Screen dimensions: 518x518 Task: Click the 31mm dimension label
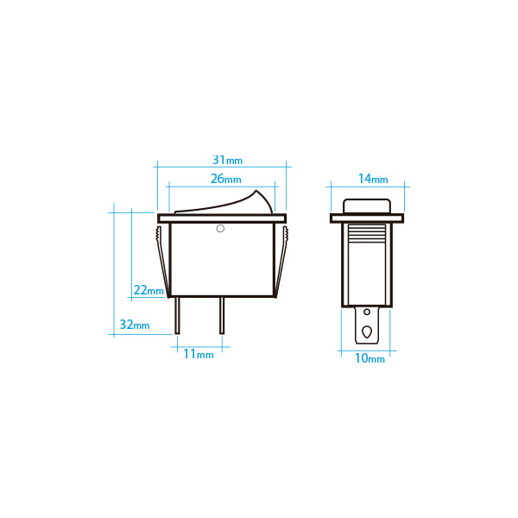click(227, 161)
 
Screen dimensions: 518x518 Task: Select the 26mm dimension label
click(226, 179)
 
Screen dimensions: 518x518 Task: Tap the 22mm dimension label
click(148, 290)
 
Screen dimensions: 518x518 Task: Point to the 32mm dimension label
click(135, 325)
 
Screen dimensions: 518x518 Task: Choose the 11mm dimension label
click(199, 354)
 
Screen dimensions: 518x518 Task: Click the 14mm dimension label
click(373, 179)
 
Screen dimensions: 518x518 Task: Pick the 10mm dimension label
click(370, 358)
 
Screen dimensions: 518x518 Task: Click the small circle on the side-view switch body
click(220, 228)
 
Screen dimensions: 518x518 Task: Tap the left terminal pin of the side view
click(177, 315)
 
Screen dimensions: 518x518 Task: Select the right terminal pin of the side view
click(222, 315)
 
